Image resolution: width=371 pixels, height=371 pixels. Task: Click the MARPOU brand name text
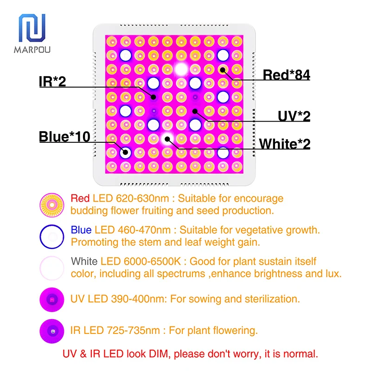(x=32, y=50)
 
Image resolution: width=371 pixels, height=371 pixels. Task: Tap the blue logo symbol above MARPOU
(x=32, y=28)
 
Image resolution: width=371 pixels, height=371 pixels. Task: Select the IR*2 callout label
(x=52, y=82)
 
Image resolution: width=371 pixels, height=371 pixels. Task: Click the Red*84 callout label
(x=286, y=75)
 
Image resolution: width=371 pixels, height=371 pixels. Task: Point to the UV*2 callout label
(x=294, y=116)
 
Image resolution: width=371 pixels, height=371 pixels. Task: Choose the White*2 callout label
(x=285, y=144)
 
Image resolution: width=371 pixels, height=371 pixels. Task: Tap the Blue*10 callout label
(x=64, y=136)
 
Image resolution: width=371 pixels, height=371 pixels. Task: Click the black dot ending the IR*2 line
(x=154, y=97)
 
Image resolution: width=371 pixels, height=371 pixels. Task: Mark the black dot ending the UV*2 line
(x=195, y=111)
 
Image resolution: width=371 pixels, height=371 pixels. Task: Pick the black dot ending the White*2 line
(x=167, y=139)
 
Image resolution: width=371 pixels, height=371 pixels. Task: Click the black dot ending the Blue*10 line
(x=125, y=153)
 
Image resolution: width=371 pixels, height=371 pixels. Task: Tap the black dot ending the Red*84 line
(x=223, y=70)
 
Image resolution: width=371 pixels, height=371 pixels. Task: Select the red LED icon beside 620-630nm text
(x=52, y=205)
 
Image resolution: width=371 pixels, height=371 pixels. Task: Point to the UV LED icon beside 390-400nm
(x=52, y=300)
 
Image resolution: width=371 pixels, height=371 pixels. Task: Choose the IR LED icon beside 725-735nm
(x=52, y=331)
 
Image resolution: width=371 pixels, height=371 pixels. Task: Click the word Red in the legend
(x=80, y=198)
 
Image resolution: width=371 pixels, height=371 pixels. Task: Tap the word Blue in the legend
(x=81, y=230)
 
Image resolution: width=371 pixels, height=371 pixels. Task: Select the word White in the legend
(x=84, y=262)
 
